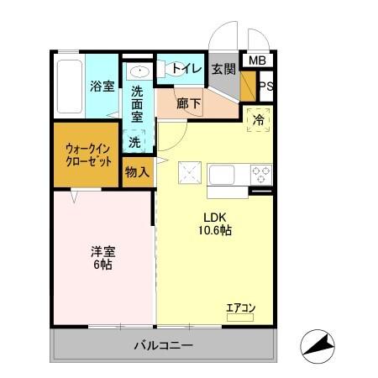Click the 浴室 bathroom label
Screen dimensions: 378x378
(x=102, y=85)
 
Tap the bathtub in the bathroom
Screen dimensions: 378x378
(x=68, y=87)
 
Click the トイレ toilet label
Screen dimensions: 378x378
(x=186, y=70)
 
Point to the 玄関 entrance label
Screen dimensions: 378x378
(x=223, y=70)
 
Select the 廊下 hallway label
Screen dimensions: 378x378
(x=189, y=104)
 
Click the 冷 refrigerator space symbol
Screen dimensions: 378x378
(x=260, y=120)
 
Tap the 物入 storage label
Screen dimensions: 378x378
(x=137, y=172)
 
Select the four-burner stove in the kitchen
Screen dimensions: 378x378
(x=261, y=175)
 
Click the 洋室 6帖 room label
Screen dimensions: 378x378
(x=102, y=257)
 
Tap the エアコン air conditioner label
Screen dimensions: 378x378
(x=240, y=307)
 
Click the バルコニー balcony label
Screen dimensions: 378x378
(x=165, y=346)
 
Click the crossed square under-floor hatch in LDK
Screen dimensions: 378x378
(x=190, y=174)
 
